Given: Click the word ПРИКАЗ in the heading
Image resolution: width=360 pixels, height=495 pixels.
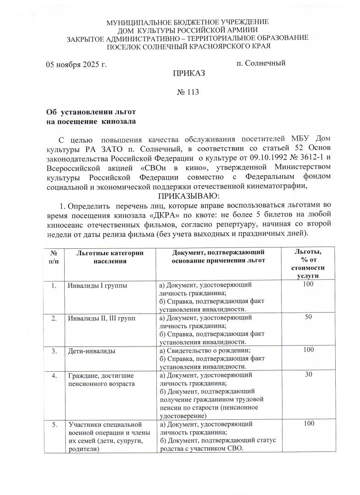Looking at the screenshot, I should (188, 73).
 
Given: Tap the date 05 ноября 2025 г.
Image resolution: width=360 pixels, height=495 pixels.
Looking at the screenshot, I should (76, 64).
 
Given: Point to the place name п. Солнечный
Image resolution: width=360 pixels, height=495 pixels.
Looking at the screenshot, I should (261, 63).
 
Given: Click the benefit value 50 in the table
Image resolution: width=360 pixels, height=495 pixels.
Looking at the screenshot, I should (308, 318).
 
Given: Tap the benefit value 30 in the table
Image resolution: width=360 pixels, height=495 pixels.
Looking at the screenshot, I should (308, 375).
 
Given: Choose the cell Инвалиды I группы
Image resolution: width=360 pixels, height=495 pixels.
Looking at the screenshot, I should (97, 286).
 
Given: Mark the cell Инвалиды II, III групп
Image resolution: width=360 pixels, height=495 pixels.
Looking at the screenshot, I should (102, 318).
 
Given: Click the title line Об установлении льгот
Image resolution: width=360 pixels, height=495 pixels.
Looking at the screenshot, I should (91, 112).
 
